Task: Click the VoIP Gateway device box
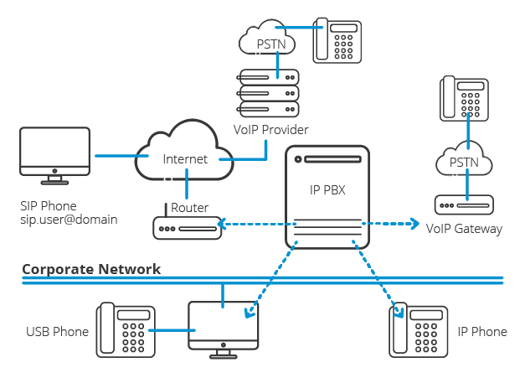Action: click(x=464, y=205)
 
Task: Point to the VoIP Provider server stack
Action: click(x=268, y=93)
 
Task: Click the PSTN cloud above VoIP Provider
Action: click(x=266, y=39)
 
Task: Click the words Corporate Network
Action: click(x=91, y=269)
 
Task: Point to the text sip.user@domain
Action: click(x=69, y=220)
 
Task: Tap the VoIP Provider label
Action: click(x=270, y=130)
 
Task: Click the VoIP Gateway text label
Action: click(x=464, y=228)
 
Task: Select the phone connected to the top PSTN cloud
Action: click(x=337, y=39)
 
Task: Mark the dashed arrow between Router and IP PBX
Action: click(x=255, y=225)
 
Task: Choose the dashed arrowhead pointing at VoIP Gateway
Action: click(x=414, y=224)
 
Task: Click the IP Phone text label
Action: click(x=481, y=332)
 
